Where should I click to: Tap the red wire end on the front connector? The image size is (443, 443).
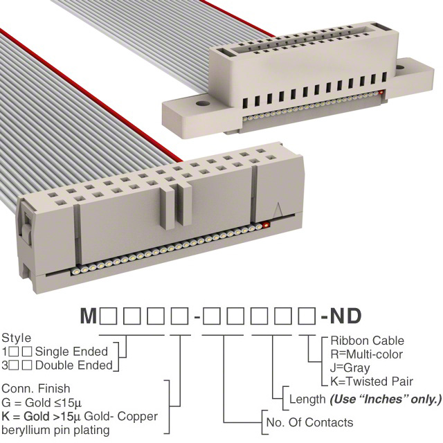point(265,225)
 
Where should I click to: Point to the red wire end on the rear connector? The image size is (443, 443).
point(381,92)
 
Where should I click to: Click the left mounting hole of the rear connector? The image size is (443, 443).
point(202,103)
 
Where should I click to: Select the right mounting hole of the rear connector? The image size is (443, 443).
point(400,68)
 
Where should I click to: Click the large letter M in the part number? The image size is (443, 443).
point(89,316)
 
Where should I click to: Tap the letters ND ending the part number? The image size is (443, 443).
point(346,316)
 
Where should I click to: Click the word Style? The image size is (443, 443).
point(17,338)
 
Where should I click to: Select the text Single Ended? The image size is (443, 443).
point(71,352)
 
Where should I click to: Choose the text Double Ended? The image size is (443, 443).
point(74,365)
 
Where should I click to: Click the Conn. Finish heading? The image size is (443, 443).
point(36,388)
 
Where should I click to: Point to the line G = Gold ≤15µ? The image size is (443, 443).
point(42,403)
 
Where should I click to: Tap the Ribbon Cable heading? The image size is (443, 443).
point(368,341)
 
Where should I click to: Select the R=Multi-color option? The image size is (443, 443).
point(366,354)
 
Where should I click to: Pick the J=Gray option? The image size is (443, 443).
point(350,368)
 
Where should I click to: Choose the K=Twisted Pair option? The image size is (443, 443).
point(372,381)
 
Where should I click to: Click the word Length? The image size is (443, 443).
point(307,399)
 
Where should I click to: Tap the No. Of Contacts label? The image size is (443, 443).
point(310,423)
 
